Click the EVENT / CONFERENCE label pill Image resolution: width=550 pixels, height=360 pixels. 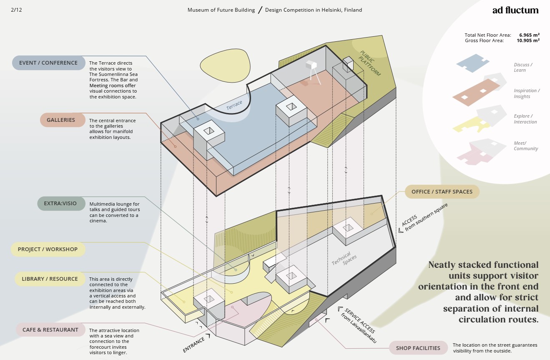(48, 63)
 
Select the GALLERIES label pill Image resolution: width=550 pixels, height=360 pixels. (61, 120)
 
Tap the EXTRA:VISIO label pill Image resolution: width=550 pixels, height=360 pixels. (60, 204)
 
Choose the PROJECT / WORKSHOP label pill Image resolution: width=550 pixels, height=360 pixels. (48, 249)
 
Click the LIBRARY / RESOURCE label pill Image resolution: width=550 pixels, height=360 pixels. (50, 279)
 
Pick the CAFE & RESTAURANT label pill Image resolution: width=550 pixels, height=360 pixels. (50, 330)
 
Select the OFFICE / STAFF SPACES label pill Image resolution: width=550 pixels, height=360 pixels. (442, 192)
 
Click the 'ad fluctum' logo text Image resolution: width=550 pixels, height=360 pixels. (515, 10)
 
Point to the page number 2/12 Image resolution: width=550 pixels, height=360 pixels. (16, 10)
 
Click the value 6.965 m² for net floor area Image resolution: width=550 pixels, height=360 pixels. (529, 35)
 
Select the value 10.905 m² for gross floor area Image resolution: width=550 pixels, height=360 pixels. (528, 40)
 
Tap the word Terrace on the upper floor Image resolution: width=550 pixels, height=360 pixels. (234, 106)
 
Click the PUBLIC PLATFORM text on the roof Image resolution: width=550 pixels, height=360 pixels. (370, 63)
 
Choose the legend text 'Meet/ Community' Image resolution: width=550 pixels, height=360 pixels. (525, 146)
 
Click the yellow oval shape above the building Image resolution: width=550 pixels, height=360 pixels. (225, 63)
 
